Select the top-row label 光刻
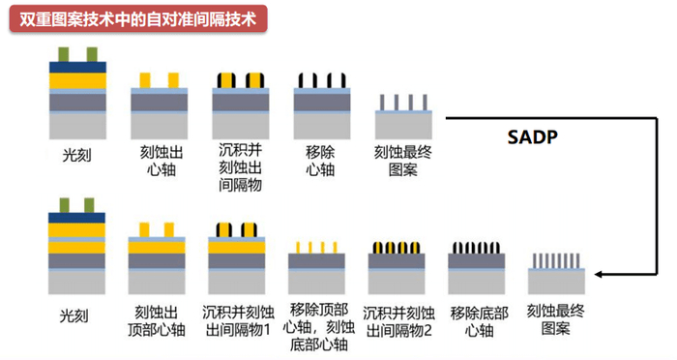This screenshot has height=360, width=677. (x=74, y=154)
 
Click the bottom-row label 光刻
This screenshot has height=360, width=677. (x=74, y=316)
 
